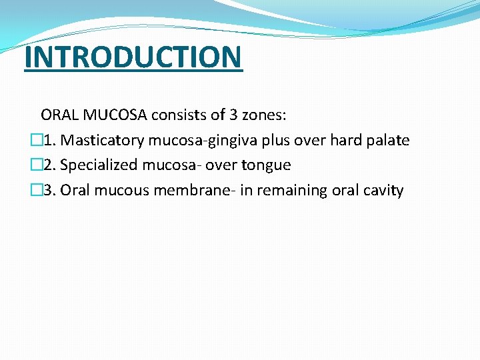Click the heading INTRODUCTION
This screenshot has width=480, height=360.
(133, 57)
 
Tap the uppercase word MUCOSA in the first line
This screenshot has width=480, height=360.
(114, 115)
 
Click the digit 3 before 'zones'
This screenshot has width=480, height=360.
(233, 115)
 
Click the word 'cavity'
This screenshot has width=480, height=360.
(381, 191)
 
